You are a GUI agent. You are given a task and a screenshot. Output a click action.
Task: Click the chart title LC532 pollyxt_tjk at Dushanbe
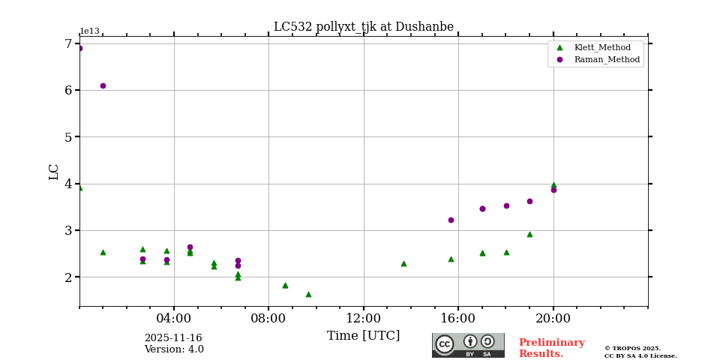click(x=363, y=27)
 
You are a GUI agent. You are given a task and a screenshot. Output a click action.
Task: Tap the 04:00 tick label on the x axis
click(x=174, y=318)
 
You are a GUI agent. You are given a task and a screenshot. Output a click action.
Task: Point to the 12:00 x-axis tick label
click(x=363, y=318)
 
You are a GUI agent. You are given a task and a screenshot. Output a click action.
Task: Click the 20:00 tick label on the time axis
click(x=553, y=318)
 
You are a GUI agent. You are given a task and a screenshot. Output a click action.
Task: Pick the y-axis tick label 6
click(x=68, y=90)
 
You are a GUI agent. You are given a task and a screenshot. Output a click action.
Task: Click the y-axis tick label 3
click(x=68, y=230)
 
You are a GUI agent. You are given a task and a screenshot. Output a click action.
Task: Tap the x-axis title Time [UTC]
click(x=363, y=336)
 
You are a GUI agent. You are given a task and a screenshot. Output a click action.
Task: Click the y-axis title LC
click(x=54, y=172)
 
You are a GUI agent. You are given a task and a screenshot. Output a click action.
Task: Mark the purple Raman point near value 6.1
click(x=103, y=85)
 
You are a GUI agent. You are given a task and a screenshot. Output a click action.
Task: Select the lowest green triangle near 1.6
click(x=308, y=294)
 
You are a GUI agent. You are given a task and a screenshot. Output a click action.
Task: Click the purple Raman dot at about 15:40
click(x=451, y=220)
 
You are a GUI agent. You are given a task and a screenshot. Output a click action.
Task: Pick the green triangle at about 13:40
click(x=403, y=263)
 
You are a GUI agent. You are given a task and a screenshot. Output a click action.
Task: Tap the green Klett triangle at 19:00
click(x=529, y=234)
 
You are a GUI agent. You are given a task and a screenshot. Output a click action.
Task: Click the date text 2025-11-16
click(x=173, y=338)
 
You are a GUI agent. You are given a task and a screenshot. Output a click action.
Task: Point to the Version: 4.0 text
click(x=173, y=349)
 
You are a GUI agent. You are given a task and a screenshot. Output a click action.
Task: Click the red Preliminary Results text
click(x=551, y=348)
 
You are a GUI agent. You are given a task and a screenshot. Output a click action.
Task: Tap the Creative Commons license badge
click(x=468, y=345)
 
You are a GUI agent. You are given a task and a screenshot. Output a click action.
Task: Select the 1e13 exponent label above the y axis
click(x=89, y=31)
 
